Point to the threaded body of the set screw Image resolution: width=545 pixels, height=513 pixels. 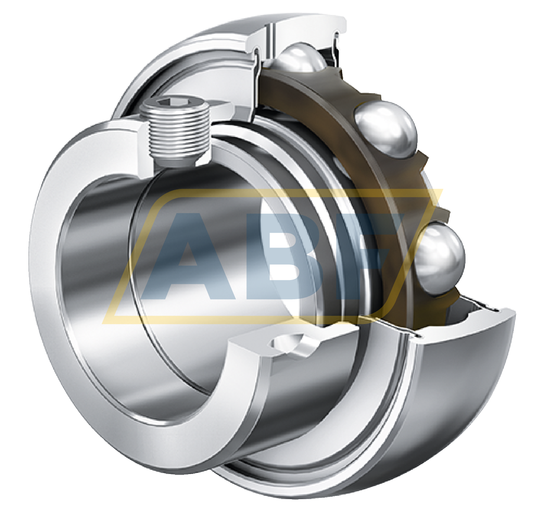coord(179,133)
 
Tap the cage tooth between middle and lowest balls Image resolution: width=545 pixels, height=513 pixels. coord(431,197)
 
